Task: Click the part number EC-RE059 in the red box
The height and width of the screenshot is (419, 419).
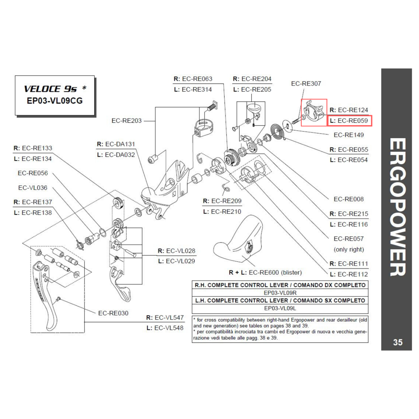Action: coord(352,121)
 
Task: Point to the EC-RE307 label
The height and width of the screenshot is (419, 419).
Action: coord(306,84)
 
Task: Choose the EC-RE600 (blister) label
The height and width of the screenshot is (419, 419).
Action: coord(265,272)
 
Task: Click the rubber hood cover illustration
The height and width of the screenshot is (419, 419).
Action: coord(239,243)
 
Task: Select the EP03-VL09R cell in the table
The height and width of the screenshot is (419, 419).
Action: coord(280,292)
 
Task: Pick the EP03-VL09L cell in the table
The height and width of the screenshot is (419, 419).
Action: coord(280,308)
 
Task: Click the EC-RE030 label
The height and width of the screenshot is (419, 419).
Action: coord(113,313)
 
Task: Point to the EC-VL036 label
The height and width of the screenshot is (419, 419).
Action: coord(33,188)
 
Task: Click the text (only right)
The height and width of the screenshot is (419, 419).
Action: coord(349,249)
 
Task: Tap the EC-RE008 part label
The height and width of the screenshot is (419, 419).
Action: coord(349,199)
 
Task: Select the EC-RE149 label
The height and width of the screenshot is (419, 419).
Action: coord(349,135)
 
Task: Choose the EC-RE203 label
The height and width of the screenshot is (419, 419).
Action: coord(127,121)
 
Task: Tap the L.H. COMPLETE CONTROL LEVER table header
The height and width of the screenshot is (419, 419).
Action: coord(280,300)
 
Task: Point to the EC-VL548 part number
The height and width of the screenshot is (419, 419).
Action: coord(169,328)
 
